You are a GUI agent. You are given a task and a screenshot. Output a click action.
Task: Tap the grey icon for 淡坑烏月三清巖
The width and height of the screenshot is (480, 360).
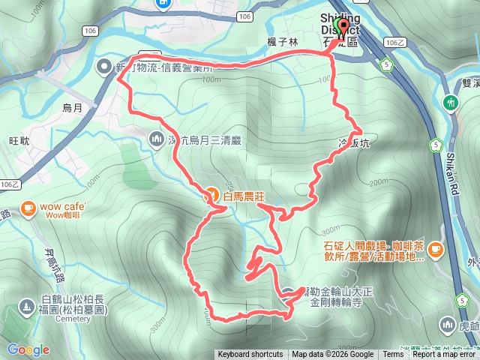157,138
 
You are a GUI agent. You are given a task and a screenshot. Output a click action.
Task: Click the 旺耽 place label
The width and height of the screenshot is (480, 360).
19,140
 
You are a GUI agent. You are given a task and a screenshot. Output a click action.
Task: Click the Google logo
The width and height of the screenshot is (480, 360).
28,350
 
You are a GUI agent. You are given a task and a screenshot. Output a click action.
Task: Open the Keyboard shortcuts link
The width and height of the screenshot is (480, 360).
250,355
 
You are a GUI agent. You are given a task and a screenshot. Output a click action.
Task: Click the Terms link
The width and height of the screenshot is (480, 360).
393,355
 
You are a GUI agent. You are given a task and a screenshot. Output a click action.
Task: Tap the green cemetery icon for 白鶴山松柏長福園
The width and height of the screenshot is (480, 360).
28,307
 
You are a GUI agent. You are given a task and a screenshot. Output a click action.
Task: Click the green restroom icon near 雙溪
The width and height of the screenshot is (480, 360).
450,102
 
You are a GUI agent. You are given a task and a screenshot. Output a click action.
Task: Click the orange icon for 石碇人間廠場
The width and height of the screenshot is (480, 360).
436,249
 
